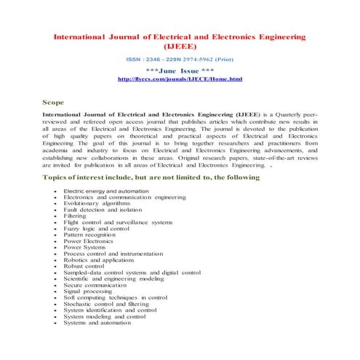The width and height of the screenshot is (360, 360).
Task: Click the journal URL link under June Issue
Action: click(x=179, y=78)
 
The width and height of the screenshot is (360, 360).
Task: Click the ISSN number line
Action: click(x=179, y=57)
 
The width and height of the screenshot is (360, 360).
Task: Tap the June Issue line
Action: click(x=179, y=70)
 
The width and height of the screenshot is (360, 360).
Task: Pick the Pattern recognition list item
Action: click(x=89, y=236)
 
